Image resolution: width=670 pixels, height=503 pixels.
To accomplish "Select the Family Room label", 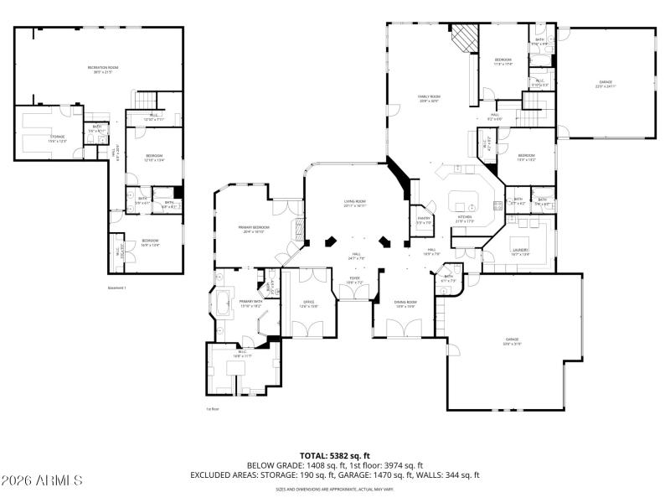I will click(429, 99).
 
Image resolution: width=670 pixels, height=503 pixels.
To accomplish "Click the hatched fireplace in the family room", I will click(465, 38).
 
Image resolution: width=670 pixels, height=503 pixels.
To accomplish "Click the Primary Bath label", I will click(251, 303).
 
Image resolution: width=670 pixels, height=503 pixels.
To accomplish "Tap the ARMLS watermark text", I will click(42, 480).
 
